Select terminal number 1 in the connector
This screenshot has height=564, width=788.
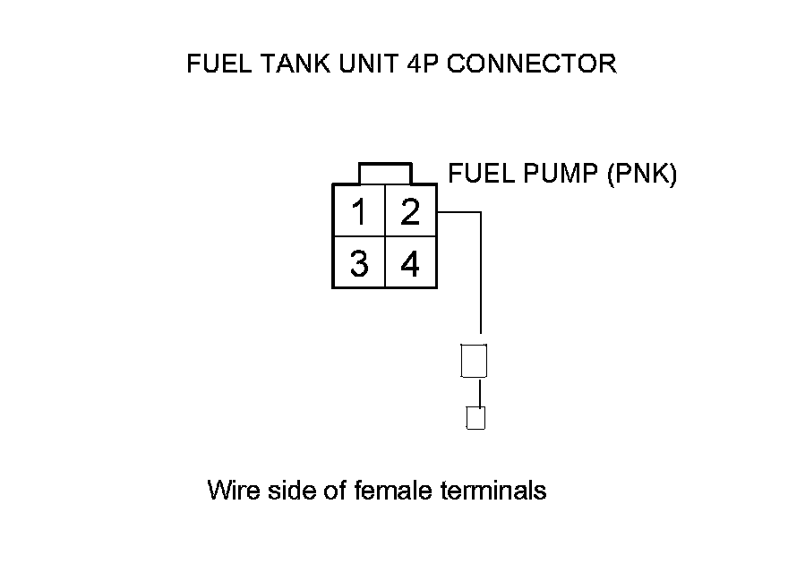point(359,213)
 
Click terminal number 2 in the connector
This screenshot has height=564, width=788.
point(410,213)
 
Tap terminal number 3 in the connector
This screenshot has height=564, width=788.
point(359,264)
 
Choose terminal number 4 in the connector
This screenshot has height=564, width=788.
point(410,264)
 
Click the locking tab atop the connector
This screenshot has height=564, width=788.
point(385,173)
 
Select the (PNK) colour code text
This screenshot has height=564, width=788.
point(641,173)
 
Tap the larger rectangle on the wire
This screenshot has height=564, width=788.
point(474,361)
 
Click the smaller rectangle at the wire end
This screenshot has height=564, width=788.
point(476,418)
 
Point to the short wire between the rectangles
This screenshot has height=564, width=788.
point(480,392)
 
